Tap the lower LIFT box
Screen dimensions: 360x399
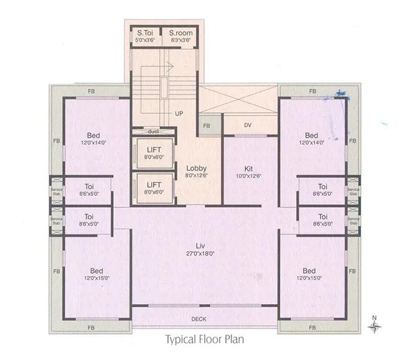click(x=153, y=188)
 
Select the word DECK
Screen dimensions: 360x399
click(x=199, y=320)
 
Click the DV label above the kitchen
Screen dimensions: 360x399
click(x=248, y=126)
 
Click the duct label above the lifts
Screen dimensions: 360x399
click(x=153, y=132)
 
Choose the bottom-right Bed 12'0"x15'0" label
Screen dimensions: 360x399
click(x=309, y=274)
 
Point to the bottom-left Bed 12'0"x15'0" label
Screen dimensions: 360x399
click(x=96, y=274)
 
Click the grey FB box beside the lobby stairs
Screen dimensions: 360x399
click(x=206, y=126)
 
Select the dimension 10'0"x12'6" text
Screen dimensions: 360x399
click(x=248, y=176)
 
